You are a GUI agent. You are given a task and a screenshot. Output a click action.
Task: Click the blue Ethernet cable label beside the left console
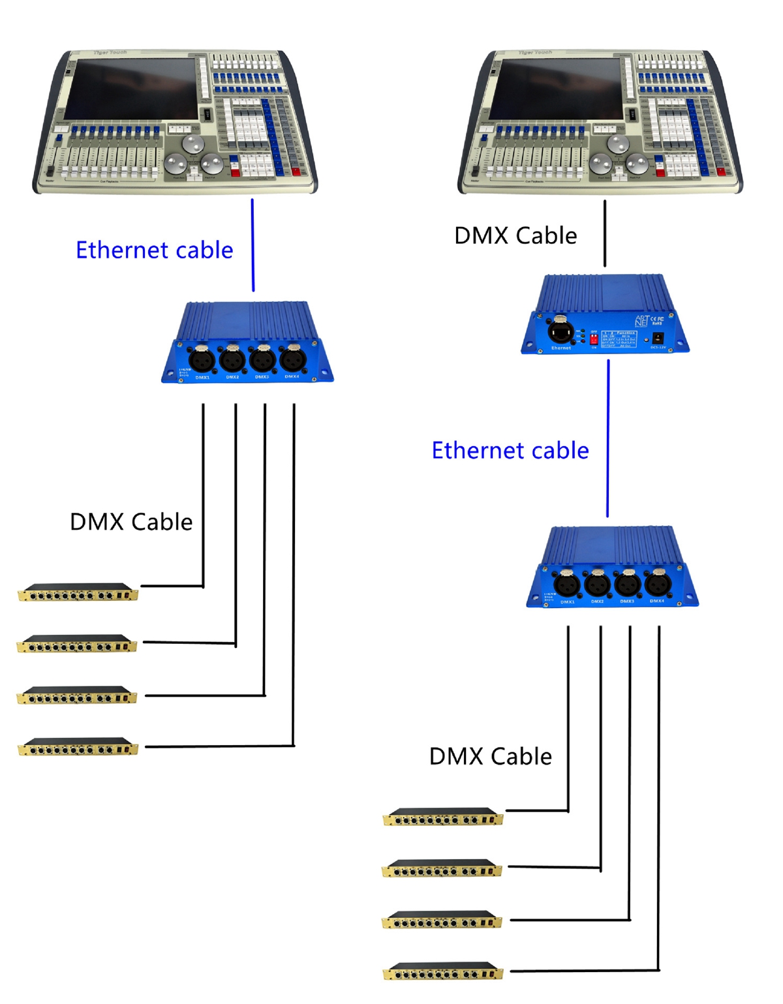pyautogui.click(x=154, y=251)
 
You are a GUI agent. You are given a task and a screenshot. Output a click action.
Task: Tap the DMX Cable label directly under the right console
pyautogui.click(x=515, y=236)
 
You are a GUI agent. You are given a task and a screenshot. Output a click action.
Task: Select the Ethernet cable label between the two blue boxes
pyautogui.click(x=510, y=451)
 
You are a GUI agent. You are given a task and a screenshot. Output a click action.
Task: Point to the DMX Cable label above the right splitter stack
pyautogui.click(x=490, y=757)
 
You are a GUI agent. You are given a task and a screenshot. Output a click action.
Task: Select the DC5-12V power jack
pyautogui.click(x=658, y=338)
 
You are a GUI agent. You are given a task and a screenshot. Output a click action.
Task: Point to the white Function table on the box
pyautogui.click(x=619, y=339)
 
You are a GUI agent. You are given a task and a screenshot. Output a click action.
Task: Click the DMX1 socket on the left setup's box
pyautogui.click(x=202, y=359)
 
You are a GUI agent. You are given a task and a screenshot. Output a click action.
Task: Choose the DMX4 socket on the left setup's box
pyautogui.click(x=292, y=359)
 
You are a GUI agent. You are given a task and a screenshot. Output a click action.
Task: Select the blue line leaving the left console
pyautogui.click(x=253, y=245)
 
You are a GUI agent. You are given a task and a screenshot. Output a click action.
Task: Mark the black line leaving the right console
pyautogui.click(x=605, y=233)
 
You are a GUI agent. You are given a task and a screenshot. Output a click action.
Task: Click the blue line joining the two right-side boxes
pyautogui.click(x=608, y=437)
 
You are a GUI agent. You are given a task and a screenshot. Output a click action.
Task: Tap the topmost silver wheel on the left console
pyautogui.click(x=192, y=143)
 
